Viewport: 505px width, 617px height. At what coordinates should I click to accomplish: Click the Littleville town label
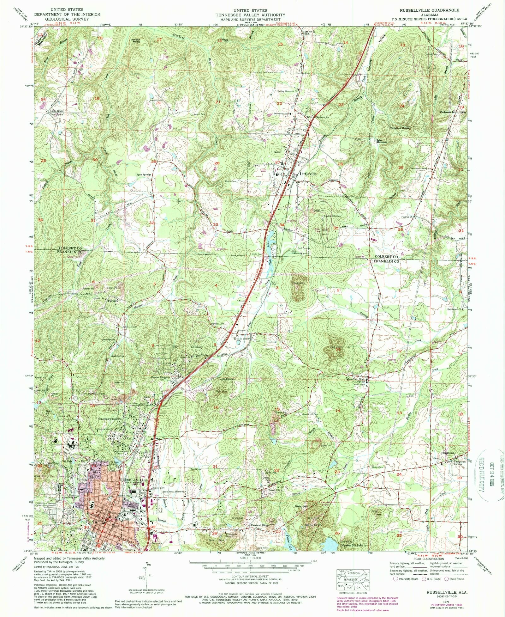click(x=308, y=174)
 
